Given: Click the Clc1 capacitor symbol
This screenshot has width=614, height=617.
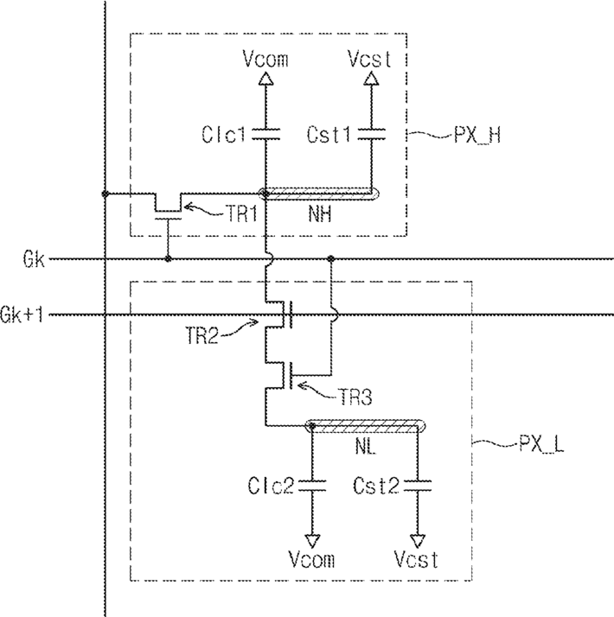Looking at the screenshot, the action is (x=265, y=134).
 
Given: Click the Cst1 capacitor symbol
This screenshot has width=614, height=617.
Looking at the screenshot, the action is (x=371, y=134).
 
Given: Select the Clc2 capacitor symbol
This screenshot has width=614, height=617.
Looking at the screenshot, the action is (x=312, y=486).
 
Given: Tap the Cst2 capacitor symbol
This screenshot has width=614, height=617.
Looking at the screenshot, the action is (x=418, y=486).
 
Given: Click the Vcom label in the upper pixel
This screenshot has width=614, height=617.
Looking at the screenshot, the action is (x=265, y=59).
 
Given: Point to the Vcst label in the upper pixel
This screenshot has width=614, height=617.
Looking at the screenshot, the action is (x=370, y=59).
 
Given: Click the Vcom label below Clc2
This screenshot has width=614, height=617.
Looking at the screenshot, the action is (x=311, y=559).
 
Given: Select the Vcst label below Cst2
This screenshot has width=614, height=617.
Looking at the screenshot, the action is (x=416, y=559).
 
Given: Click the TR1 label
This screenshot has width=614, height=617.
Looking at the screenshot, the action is (x=241, y=214).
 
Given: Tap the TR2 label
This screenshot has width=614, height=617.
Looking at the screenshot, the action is (x=201, y=335).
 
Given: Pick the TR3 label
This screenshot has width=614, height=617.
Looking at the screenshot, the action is (x=355, y=397).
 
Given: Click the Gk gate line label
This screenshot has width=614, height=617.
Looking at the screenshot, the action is (x=34, y=259).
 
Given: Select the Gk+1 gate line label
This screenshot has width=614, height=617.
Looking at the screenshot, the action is (x=22, y=315).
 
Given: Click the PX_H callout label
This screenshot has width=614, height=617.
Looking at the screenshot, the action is (x=477, y=136).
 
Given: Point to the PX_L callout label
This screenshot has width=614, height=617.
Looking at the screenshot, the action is (x=541, y=444).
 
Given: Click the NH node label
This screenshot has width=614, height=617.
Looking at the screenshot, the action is (x=320, y=214).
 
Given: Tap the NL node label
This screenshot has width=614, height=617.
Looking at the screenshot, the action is (x=366, y=446).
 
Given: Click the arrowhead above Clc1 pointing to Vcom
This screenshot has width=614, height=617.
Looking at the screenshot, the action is (x=265, y=79).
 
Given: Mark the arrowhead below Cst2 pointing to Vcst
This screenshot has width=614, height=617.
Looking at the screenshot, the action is (x=418, y=542).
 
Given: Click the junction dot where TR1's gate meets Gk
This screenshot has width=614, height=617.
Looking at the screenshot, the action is (x=168, y=259).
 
